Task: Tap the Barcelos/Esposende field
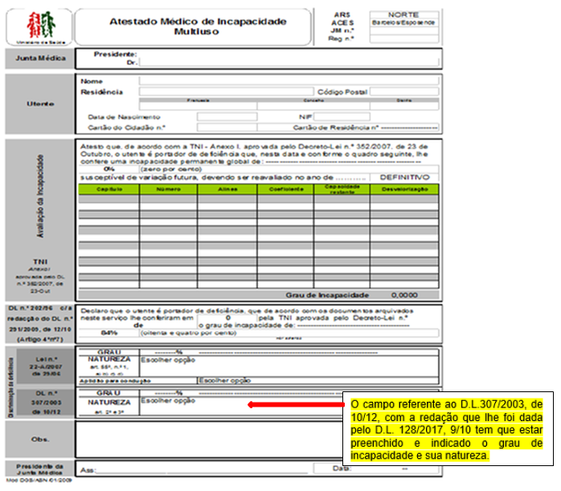tap(403, 23)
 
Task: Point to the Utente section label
tap(39, 103)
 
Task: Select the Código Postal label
tap(342, 92)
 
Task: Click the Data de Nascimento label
tap(119, 117)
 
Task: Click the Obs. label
tap(38, 440)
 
